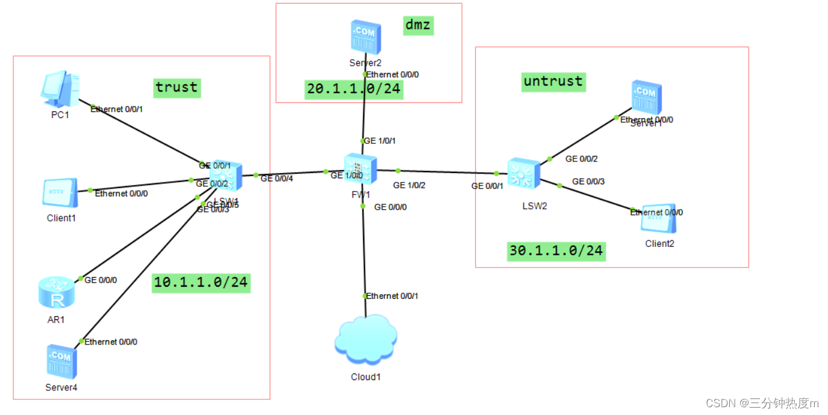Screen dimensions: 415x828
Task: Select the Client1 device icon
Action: click(60, 193)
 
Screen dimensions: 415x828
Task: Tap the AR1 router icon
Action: click(57, 293)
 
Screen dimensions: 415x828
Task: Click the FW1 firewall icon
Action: click(361, 168)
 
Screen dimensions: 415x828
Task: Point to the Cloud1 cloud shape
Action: click(366, 340)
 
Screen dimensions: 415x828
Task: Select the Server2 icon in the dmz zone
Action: click(365, 37)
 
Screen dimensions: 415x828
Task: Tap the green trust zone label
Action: click(176, 87)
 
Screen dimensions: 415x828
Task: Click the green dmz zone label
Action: click(418, 25)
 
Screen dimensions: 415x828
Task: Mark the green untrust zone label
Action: click(553, 81)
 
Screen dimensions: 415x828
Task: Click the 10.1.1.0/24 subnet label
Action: click(201, 282)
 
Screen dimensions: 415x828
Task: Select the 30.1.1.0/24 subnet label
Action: click(556, 251)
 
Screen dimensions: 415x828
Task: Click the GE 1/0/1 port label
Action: click(379, 141)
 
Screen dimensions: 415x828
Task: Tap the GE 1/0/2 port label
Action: click(409, 186)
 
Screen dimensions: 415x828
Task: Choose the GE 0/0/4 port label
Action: click(277, 178)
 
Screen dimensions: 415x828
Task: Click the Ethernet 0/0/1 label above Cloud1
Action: click(392, 296)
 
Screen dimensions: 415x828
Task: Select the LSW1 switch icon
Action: click(226, 176)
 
